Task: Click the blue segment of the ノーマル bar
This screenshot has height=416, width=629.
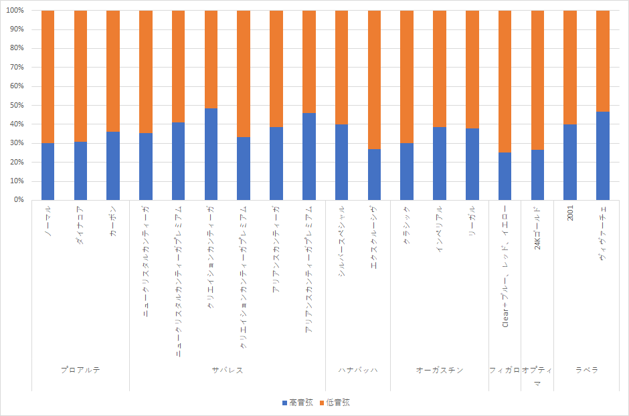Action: coord(48,171)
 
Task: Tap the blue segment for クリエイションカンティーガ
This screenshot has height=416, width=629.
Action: coord(211,154)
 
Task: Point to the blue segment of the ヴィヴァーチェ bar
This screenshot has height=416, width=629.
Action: coord(603,156)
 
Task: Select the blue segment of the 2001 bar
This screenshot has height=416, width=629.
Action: coord(570,162)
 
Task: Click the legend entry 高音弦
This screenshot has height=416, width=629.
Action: coord(296,403)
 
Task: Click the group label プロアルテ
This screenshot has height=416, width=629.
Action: coord(80,370)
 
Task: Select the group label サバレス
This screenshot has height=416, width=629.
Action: coord(228,370)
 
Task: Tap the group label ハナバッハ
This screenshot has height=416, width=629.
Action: coord(358,370)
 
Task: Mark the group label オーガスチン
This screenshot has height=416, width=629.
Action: coord(440,370)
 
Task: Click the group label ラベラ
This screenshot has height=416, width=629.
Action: coord(587,370)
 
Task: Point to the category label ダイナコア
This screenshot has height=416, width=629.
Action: coord(80,226)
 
